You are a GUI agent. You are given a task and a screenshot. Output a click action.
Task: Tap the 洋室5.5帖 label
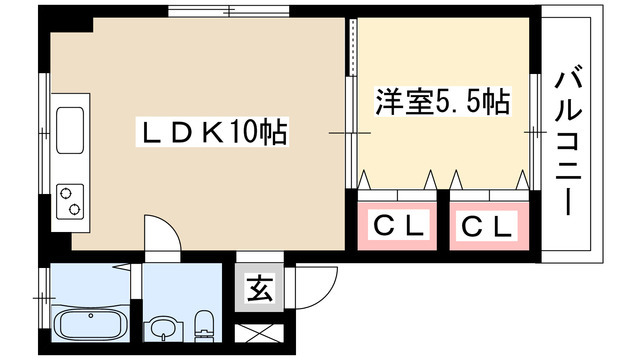point(443,101)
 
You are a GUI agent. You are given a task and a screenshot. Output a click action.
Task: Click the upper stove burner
point(71,189)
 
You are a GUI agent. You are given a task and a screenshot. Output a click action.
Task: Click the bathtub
point(88,325)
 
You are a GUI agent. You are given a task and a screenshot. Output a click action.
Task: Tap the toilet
point(205,324)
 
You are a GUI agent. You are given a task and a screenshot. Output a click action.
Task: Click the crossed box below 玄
point(258,336)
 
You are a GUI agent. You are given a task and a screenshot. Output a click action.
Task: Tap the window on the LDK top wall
point(229,11)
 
